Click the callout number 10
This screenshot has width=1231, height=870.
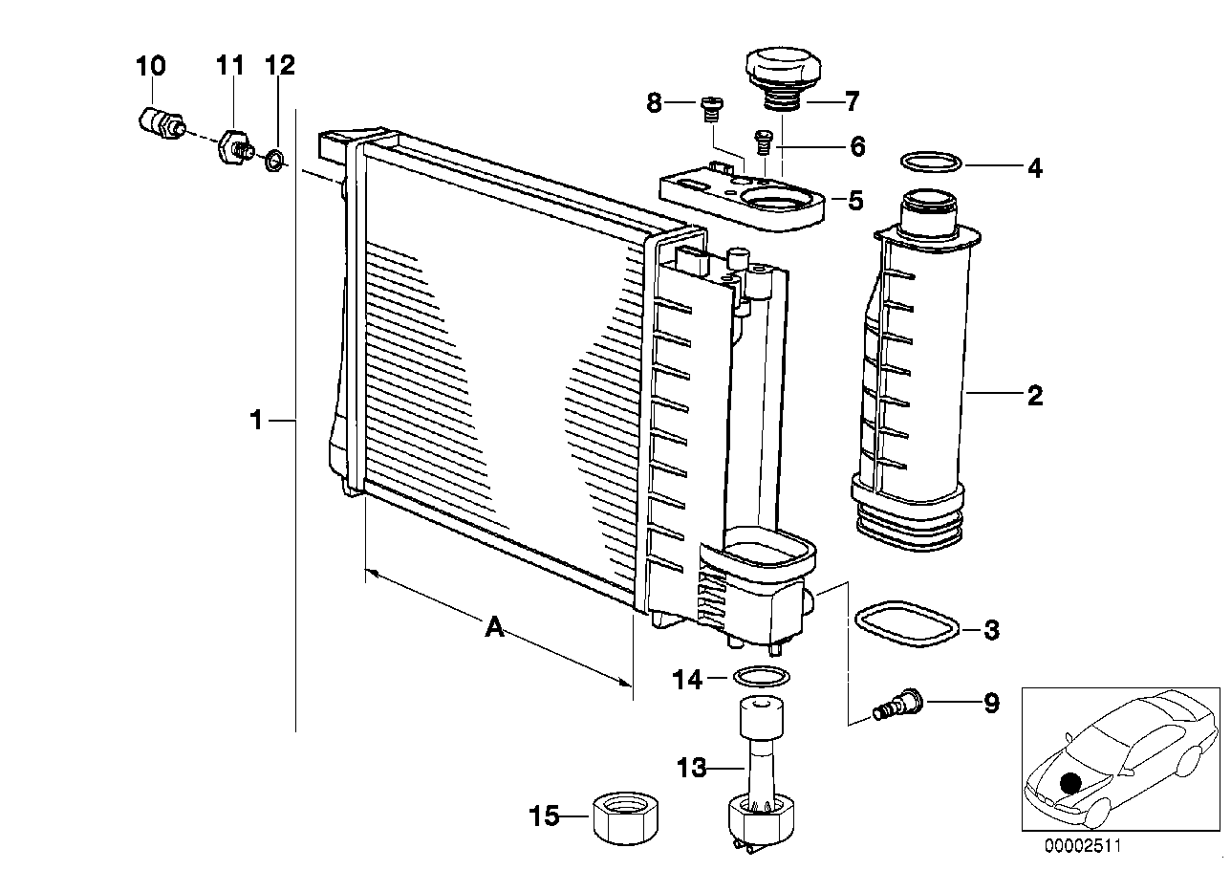(x=150, y=66)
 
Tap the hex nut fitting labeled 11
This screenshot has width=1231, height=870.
(x=233, y=146)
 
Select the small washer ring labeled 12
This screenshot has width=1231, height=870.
(x=273, y=159)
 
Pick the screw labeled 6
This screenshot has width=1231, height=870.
(x=764, y=141)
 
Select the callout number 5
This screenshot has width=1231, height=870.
(x=855, y=201)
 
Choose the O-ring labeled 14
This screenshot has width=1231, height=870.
(x=761, y=678)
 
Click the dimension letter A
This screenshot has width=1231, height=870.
(x=494, y=628)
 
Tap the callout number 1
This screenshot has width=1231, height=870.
(x=255, y=420)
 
